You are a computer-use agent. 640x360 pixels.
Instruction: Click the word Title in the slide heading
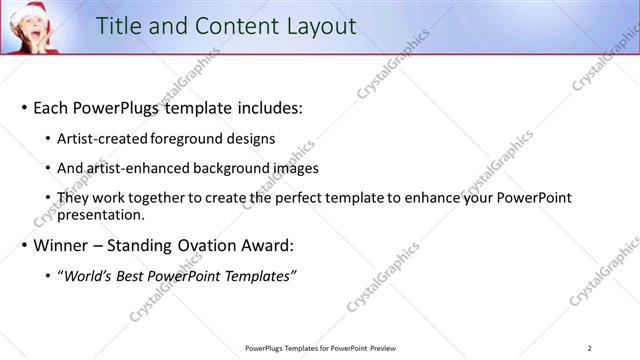coord(120,27)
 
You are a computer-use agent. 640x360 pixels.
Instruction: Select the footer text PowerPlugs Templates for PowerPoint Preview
coord(319,348)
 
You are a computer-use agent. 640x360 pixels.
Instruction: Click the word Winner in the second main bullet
coord(64,245)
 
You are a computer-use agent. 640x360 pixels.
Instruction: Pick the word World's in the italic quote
coord(87,275)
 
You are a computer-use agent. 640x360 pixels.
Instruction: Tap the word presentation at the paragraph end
coord(101,214)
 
